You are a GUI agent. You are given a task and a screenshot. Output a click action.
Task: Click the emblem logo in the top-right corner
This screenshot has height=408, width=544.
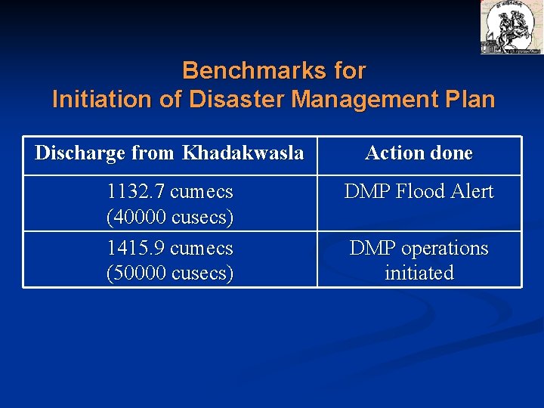(x=511, y=26)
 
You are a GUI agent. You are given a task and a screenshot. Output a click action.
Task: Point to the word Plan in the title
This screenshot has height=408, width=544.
(x=468, y=100)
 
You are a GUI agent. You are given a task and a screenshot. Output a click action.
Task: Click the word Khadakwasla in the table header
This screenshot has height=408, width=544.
(x=243, y=153)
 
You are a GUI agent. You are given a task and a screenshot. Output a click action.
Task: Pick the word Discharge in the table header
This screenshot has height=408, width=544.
(x=81, y=153)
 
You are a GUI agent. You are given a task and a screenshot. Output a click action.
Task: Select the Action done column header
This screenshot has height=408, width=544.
(x=419, y=153)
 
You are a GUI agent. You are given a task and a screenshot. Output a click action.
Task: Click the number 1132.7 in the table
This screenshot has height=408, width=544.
(x=137, y=193)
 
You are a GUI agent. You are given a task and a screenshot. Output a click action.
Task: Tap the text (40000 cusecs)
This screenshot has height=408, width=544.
(x=170, y=218)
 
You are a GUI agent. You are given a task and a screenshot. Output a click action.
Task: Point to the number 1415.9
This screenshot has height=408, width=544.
(x=137, y=249)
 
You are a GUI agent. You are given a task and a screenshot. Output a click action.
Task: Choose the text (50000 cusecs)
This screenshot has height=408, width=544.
(x=170, y=273)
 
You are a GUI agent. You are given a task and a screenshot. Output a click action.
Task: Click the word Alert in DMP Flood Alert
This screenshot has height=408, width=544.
(x=470, y=193)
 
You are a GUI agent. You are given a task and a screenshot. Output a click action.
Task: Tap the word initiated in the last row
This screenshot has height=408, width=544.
(x=419, y=273)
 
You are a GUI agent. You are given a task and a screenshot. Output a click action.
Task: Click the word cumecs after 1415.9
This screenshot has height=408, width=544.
(x=202, y=249)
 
